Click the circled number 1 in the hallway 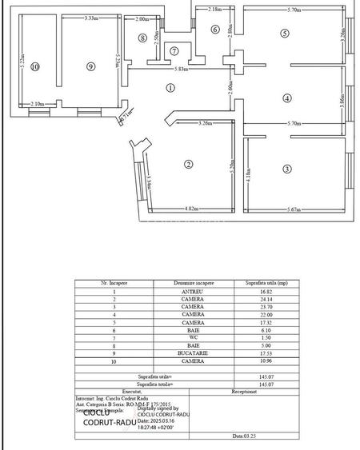pyautogui.click(x=170, y=88)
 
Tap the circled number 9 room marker pyautogui.click(x=90, y=67)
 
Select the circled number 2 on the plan pyautogui.click(x=188, y=165)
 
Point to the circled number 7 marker pyautogui.click(x=174, y=51)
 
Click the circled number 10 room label pyautogui.click(x=34, y=67)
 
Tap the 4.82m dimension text pyautogui.click(x=191, y=209)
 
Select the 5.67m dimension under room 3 pyautogui.click(x=296, y=209)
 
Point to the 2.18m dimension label pyautogui.click(x=214, y=10)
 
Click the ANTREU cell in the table pyautogui.click(x=192, y=292)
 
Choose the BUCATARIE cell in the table pyautogui.click(x=192, y=352)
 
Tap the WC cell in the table pyautogui.click(x=192, y=337)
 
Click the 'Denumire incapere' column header pyautogui.click(x=192, y=283)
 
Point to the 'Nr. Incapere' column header pyautogui.click(x=109, y=283)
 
